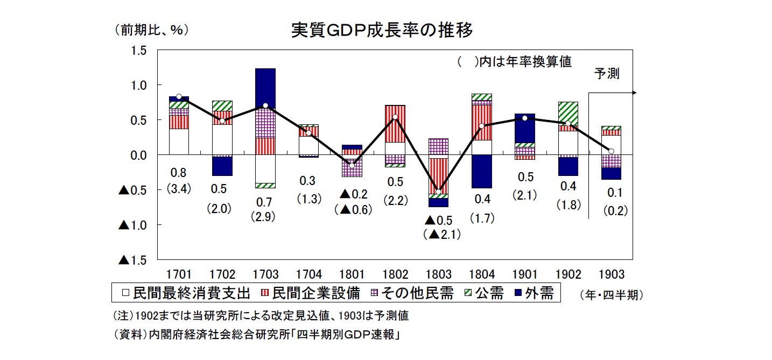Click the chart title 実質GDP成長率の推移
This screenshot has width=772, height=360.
[382, 30]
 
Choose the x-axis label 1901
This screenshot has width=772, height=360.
[524, 274]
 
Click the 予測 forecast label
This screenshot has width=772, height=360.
[607, 74]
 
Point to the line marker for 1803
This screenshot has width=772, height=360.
[438, 192]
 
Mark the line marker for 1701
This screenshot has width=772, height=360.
[179, 96]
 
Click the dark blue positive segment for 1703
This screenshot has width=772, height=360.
[265, 88]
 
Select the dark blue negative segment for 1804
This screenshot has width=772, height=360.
[482, 171]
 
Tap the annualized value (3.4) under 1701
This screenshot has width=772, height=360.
[178, 189]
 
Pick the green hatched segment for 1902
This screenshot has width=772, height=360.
[568, 114]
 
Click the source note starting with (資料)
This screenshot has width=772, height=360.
[256, 334]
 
